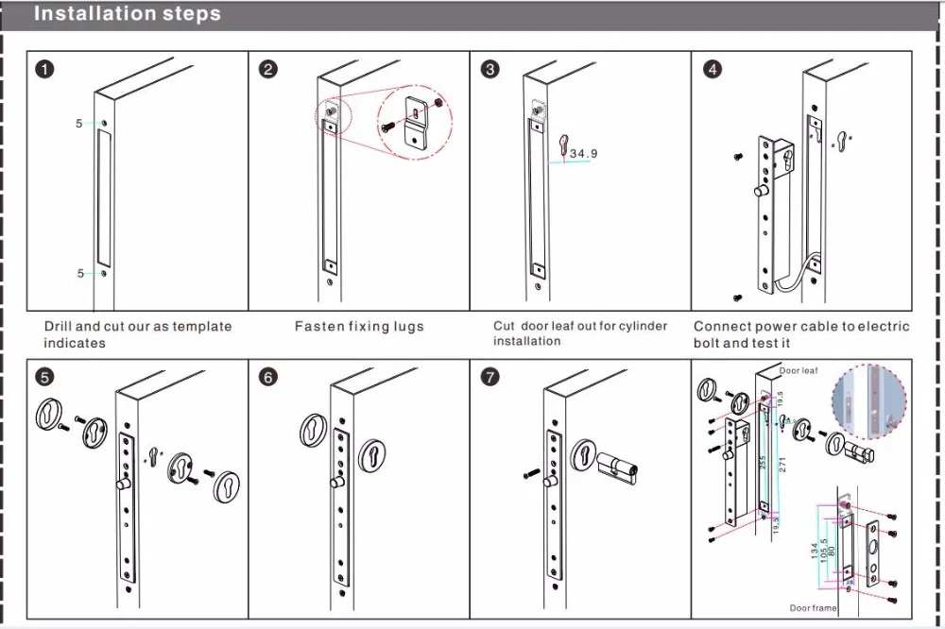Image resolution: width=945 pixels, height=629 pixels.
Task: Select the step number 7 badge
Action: point(490,377)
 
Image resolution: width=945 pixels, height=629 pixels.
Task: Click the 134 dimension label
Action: point(815,549)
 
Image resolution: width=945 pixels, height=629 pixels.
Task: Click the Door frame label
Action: point(813,608)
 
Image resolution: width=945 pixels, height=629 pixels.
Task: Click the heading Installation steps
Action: point(128,14)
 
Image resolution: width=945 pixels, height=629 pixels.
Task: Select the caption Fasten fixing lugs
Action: point(359,327)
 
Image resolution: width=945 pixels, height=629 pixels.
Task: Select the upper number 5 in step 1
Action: point(79,124)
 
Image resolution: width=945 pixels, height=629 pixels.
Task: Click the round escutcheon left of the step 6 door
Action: point(315,430)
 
